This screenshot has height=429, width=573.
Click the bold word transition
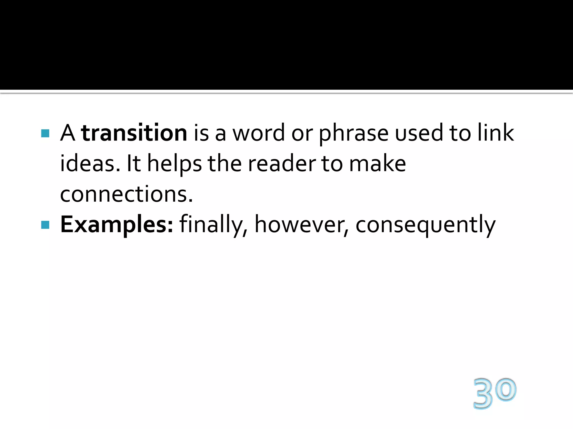pos(134,133)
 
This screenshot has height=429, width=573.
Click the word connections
pos(126,194)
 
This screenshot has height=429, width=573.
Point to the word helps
pos(174,164)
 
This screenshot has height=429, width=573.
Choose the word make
pos(377,163)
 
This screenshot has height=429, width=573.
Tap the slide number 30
pos(495,393)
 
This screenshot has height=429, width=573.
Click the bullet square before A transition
pos(45,133)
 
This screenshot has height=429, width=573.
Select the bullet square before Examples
pos(45,225)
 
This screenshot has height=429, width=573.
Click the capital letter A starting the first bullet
pos(68,133)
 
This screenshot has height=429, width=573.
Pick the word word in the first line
pos(259,133)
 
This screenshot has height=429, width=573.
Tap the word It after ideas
pos(134,163)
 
